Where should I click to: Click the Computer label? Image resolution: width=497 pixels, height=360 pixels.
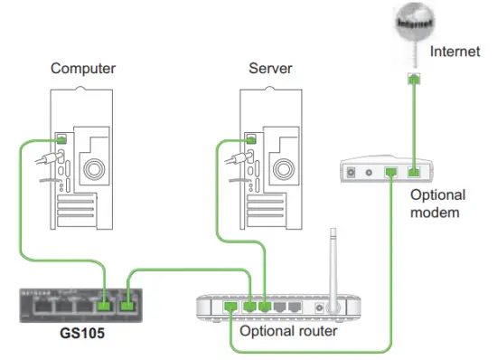pos(82,68)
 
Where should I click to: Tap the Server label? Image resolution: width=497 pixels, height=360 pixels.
pos(271,68)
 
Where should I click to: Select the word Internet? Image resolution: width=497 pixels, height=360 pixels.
pos(456,52)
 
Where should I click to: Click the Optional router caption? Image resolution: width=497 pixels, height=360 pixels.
pos(289,331)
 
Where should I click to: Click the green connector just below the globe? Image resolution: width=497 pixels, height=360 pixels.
pos(413,77)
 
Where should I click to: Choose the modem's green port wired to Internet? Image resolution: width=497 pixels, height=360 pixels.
pos(413,170)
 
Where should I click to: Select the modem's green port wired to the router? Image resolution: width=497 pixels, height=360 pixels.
pos(390,170)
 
